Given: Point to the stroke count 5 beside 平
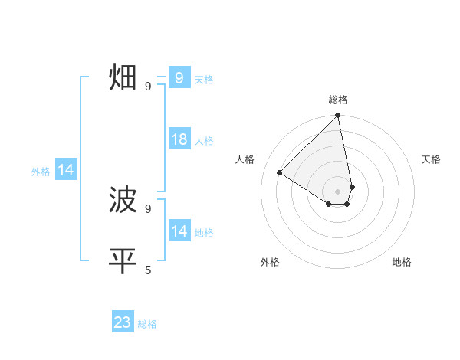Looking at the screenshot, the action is pyautogui.click(x=148, y=270).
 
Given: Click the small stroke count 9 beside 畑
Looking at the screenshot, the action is pyautogui.click(x=148, y=87).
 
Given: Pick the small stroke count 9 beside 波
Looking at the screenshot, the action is pyautogui.click(x=148, y=208).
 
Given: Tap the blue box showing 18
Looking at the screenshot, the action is pyautogui.click(x=179, y=139).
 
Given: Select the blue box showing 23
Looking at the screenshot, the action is pyautogui.click(x=123, y=322).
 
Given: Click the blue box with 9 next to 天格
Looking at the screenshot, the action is pyautogui.click(x=179, y=78).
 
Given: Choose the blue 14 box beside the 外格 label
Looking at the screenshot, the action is pyautogui.click(x=66, y=170).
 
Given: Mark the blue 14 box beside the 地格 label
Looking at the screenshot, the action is pyautogui.click(x=179, y=231).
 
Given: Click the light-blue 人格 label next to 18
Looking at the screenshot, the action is pyautogui.click(x=204, y=141).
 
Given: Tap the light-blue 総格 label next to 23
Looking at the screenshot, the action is pyautogui.click(x=147, y=324).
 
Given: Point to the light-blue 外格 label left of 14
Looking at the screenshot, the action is pyautogui.click(x=41, y=172).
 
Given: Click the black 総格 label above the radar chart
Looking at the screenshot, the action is pyautogui.click(x=338, y=100).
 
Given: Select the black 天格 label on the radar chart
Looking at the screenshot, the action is pyautogui.click(x=432, y=159).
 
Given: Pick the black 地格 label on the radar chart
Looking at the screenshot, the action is pyautogui.click(x=402, y=262).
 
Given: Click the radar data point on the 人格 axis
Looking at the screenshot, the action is pyautogui.click(x=280, y=172).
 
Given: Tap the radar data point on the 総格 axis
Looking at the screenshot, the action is pyautogui.click(x=338, y=116).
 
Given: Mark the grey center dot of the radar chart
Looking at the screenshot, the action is pyautogui.click(x=338, y=191).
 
